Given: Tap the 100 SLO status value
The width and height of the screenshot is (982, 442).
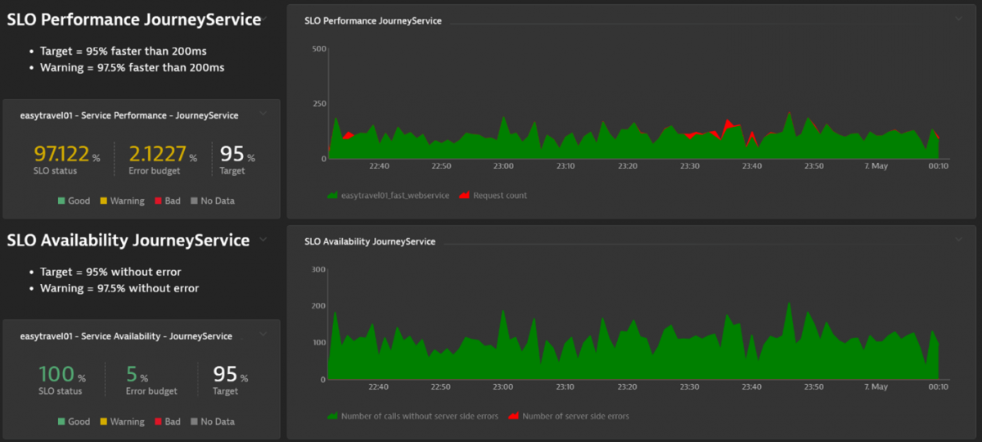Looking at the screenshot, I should pyautogui.click(x=56, y=375).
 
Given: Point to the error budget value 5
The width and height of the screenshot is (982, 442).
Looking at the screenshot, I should pyautogui.click(x=132, y=375).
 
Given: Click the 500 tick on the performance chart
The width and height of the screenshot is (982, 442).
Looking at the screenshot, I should pyautogui.click(x=319, y=49).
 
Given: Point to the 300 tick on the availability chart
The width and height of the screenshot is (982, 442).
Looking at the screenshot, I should pyautogui.click(x=319, y=269).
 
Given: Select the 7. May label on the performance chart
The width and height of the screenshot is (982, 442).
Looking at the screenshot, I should pyautogui.click(x=876, y=166).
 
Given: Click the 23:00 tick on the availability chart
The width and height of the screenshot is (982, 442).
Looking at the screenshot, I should pyautogui.click(x=503, y=387).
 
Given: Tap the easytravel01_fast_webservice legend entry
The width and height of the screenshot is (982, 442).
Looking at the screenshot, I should pyautogui.click(x=394, y=196).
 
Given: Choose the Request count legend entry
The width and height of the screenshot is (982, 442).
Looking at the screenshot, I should pyautogui.click(x=499, y=196).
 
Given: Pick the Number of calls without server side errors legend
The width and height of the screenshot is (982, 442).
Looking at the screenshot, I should pyautogui.click(x=419, y=416).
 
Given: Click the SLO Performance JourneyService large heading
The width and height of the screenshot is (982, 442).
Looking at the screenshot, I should pyautogui.click(x=134, y=20).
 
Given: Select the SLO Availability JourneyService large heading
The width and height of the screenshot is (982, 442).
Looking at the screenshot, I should pyautogui.click(x=128, y=241).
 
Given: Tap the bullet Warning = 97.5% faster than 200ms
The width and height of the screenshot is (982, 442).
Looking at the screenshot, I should pyautogui.click(x=132, y=68).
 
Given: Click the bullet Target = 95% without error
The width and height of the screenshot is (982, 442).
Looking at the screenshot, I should pyautogui.click(x=110, y=272).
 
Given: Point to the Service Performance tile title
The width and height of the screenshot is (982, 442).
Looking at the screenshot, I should pyautogui.click(x=129, y=115).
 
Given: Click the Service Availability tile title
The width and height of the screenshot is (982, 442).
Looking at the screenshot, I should pyautogui.click(x=126, y=336).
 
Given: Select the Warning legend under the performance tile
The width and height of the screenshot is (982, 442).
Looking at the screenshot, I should pyautogui.click(x=127, y=201).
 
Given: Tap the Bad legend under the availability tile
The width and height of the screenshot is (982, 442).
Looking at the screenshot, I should pyautogui.click(x=172, y=422).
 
